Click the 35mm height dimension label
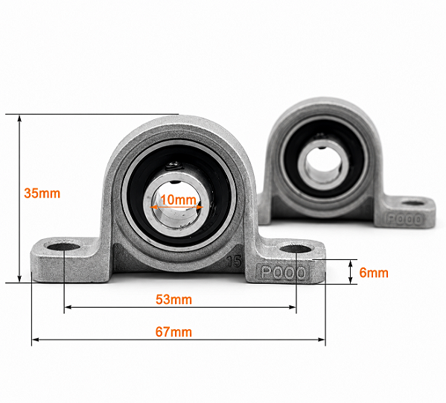coord(42,194)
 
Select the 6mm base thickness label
coord(374,273)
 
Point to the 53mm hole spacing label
coord(173,299)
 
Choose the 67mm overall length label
coord(173,331)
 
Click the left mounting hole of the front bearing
coord(63,247)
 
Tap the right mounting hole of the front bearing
coord(296,249)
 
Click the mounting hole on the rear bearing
coord(413,203)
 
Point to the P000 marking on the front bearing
coord(283,273)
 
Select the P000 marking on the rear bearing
coord(404,220)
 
